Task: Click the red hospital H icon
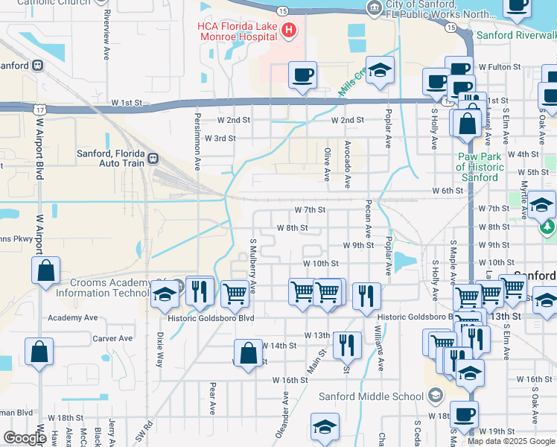[289, 31]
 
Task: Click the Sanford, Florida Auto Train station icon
[153, 158]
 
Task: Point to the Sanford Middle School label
[370, 396]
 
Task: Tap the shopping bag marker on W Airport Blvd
[45, 272]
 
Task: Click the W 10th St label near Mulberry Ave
[320, 264]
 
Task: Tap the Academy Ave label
[73, 317]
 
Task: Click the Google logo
[25, 438]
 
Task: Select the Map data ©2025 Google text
[511, 441]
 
